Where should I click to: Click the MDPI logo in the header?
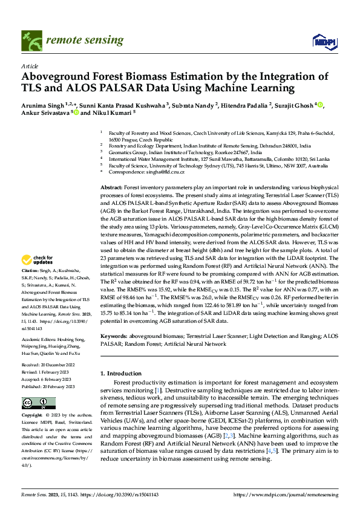click(321, 41)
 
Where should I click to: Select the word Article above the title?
click(30, 66)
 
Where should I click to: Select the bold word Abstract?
click(111, 189)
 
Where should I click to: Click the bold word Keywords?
click(113, 335)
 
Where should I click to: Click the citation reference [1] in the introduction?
click(157, 391)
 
